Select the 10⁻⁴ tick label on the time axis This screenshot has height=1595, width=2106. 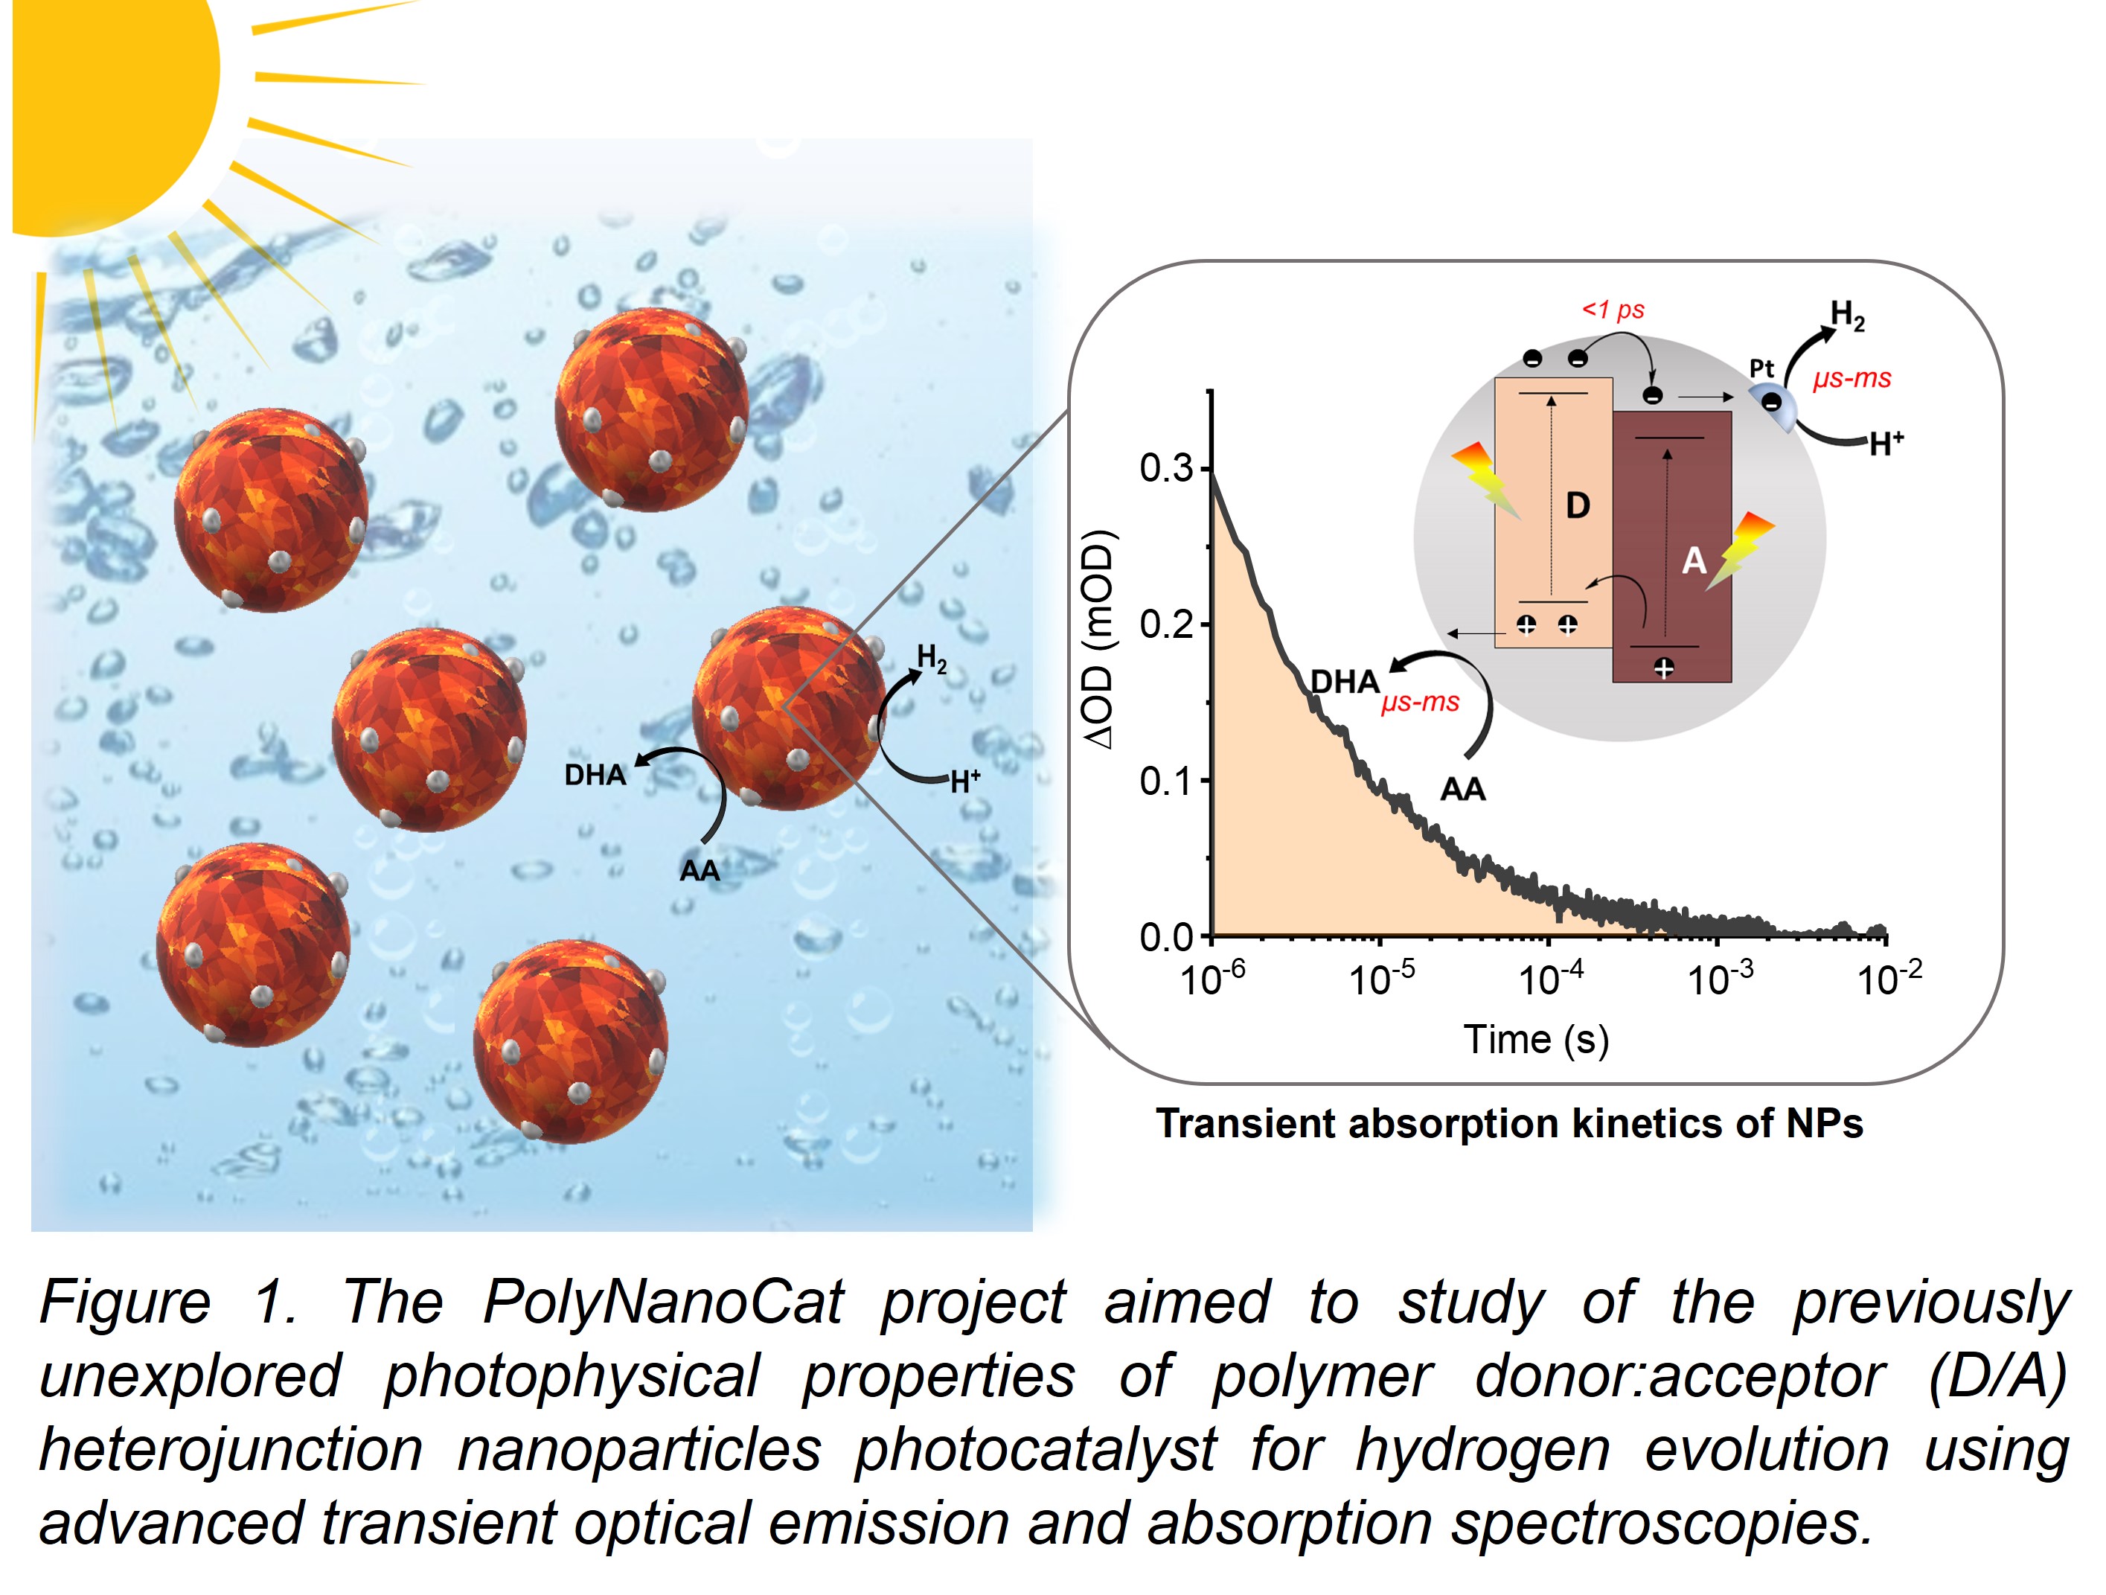click(1551, 978)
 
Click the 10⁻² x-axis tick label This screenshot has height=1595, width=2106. click(1889, 978)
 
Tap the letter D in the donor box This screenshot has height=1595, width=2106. click(1578, 505)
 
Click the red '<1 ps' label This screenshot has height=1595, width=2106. click(1613, 310)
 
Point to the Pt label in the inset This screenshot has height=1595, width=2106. click(1761, 368)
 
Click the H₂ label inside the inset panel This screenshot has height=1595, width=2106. click(1847, 315)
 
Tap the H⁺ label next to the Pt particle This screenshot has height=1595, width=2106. click(1886, 444)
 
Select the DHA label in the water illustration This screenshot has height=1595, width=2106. click(595, 775)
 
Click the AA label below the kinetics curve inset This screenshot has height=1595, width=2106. click(1462, 790)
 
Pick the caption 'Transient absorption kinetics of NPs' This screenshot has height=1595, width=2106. click(1509, 1124)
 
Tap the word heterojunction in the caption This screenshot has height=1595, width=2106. click(231, 1451)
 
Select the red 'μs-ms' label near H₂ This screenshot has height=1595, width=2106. click(1851, 379)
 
